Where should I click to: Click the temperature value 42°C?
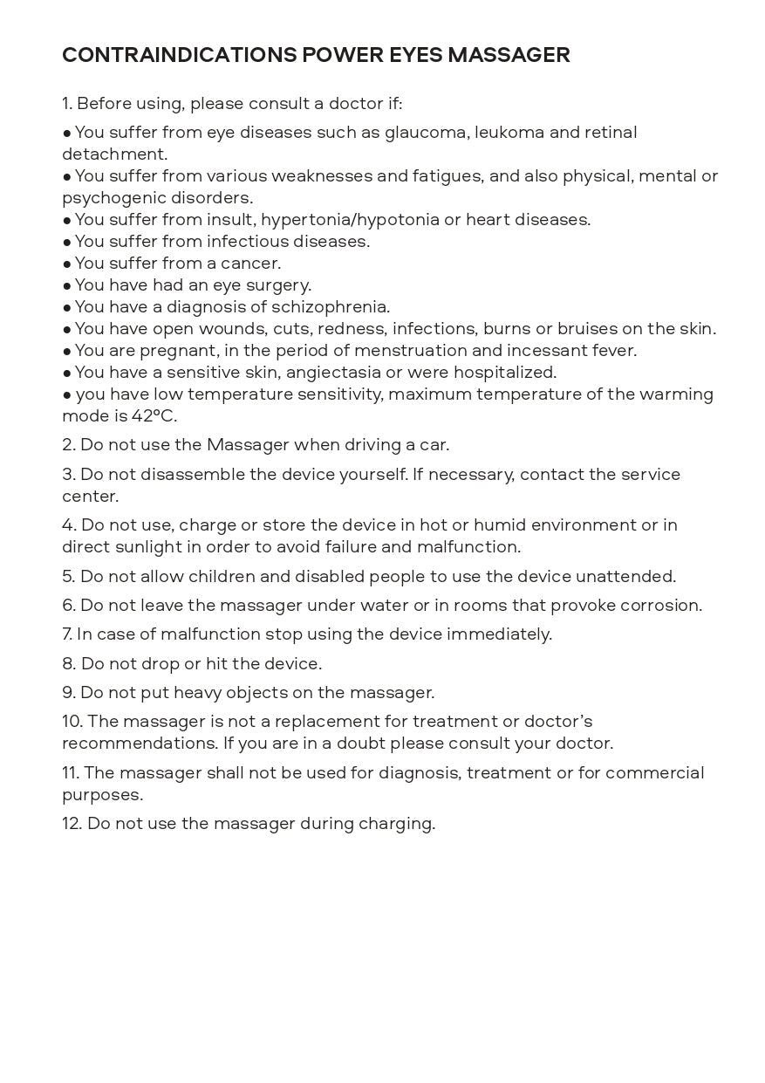coord(154,416)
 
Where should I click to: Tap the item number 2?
coord(68,445)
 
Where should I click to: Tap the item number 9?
coord(68,693)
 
